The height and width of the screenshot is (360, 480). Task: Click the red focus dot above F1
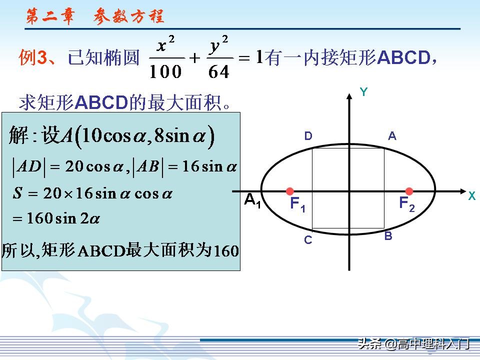coord(289,191)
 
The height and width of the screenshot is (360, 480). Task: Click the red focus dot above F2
coord(409,191)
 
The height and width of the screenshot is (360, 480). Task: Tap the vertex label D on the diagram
coord(308,136)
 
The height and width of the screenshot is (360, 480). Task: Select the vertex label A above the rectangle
coord(392,135)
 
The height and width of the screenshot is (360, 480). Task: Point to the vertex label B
coord(388,236)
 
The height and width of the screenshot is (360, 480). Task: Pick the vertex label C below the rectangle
coord(308,240)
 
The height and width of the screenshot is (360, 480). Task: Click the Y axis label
coord(364,92)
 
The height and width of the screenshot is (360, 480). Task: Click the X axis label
coord(471,196)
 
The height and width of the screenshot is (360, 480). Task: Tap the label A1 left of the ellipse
coord(252,201)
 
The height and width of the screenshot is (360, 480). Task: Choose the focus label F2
coord(406,203)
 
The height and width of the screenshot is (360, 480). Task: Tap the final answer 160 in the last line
coord(226,251)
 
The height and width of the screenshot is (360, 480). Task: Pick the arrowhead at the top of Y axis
coord(349,95)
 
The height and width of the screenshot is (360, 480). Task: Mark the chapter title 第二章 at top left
coord(50,17)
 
